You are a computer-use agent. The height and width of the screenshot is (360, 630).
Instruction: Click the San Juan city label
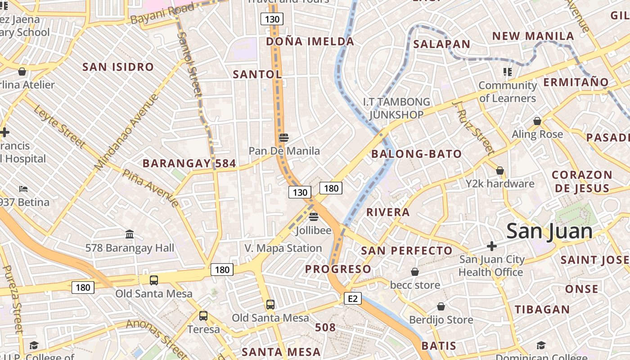click(x=549, y=231)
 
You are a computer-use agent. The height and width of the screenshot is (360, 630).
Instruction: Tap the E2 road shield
click(x=353, y=298)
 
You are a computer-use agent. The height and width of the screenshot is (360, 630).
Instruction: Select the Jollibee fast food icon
click(x=314, y=217)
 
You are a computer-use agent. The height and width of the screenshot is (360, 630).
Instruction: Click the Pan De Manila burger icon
click(x=283, y=138)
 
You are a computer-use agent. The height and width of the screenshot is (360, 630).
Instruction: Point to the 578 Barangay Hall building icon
click(x=130, y=234)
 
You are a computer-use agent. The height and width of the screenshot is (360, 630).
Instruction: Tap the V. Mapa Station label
click(x=283, y=248)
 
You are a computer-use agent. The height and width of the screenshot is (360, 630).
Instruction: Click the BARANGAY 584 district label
click(x=189, y=163)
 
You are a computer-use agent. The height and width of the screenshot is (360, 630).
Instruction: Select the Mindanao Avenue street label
click(x=127, y=131)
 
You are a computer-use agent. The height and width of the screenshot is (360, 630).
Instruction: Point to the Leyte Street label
click(x=59, y=126)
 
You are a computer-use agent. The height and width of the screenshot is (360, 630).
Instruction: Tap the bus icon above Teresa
click(x=203, y=316)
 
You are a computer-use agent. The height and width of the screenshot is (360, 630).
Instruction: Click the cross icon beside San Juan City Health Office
click(x=492, y=246)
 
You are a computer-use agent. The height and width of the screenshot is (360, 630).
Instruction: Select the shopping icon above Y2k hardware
click(x=499, y=171)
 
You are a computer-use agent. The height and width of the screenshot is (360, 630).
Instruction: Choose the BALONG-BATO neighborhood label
click(x=416, y=154)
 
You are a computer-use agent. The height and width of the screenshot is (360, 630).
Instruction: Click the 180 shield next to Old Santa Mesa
click(x=83, y=287)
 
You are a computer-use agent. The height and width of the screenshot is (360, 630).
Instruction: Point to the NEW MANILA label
click(x=533, y=36)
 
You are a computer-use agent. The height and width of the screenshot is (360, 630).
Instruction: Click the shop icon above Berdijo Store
click(x=441, y=307)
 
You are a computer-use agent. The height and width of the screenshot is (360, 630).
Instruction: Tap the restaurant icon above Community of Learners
click(x=508, y=72)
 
